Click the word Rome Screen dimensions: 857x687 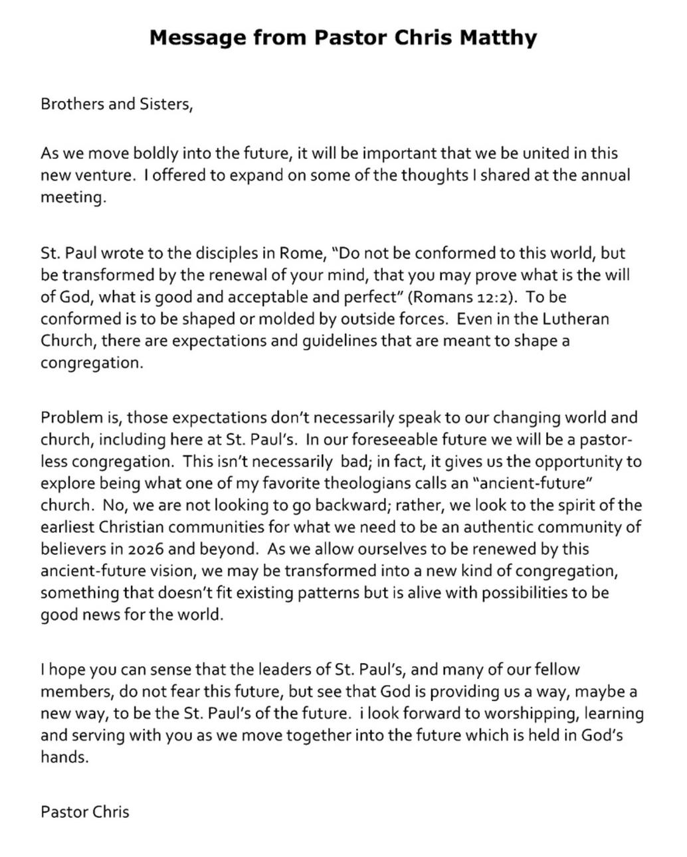301,253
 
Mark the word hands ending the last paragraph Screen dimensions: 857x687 64,757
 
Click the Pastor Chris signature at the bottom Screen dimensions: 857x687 85,811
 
